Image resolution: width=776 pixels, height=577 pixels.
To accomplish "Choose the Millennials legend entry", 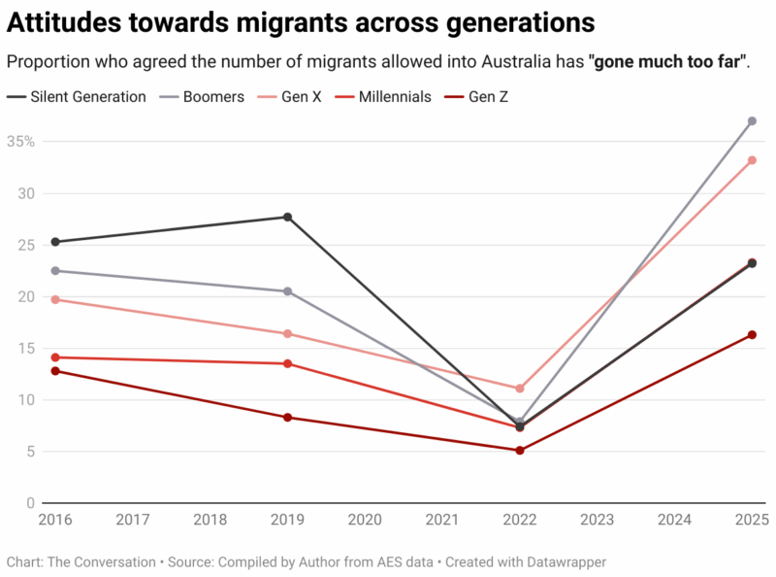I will (394, 97).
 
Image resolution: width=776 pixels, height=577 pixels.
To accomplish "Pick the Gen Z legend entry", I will (488, 97).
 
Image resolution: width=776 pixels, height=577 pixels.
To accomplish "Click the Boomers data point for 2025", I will (752, 121).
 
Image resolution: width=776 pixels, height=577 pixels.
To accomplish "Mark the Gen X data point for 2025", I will (752, 160).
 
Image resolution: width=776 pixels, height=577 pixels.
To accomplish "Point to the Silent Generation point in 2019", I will (288, 217).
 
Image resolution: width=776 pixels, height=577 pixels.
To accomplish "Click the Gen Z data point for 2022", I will (520, 451).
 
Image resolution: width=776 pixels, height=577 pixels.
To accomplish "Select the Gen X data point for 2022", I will (520, 389).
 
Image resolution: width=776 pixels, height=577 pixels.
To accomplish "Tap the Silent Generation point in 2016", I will (55, 242).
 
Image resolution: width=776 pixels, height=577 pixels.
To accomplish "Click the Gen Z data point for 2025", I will (752, 335).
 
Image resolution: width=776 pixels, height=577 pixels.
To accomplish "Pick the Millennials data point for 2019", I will (288, 363).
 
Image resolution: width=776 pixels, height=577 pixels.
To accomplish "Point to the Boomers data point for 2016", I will (55, 271).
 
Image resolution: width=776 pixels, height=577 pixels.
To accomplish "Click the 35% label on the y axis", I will (20, 142).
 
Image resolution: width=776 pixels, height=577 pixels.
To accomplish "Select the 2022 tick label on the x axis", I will (520, 520).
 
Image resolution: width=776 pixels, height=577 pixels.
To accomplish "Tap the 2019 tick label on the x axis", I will (288, 520).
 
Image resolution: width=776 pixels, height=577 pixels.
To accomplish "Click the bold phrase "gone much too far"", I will (668, 62).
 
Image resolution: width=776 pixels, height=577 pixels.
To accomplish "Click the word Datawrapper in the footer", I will (560, 561).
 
